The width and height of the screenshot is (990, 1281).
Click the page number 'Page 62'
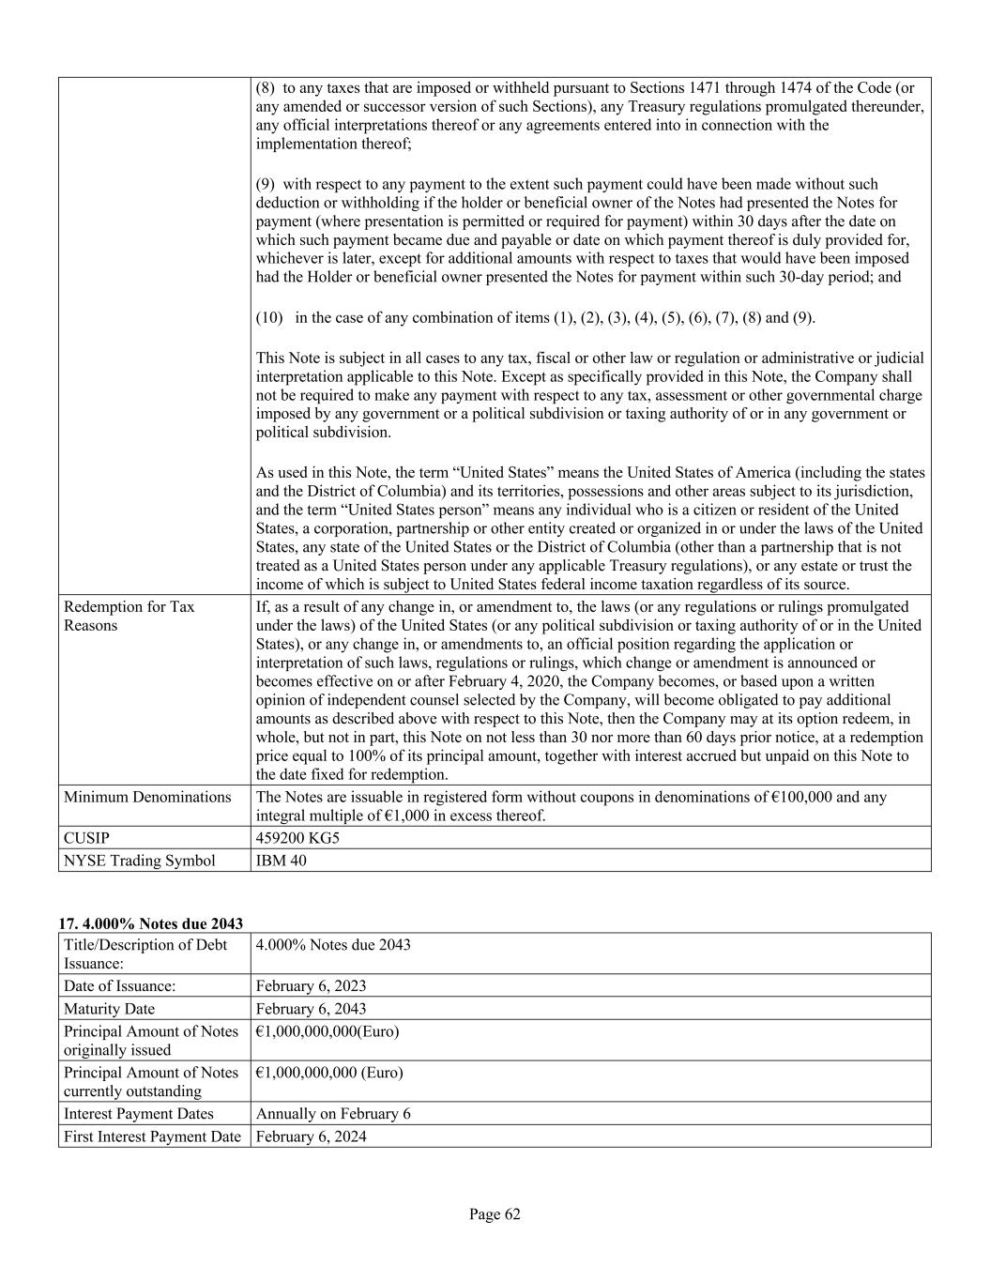(x=495, y=1214)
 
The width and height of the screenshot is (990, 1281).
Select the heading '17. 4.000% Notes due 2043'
(x=151, y=924)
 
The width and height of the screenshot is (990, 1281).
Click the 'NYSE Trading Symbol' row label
(x=139, y=861)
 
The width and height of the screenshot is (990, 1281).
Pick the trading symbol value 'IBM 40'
(x=281, y=861)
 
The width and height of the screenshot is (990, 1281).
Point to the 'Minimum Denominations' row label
(x=147, y=797)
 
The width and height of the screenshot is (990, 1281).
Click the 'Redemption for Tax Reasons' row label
(x=129, y=617)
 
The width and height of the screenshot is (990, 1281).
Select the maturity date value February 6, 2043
(x=311, y=1009)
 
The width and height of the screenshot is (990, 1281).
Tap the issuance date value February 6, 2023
(x=311, y=986)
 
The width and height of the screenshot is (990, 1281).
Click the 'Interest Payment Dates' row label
(x=138, y=1114)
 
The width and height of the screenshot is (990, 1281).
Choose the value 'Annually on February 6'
(x=333, y=1114)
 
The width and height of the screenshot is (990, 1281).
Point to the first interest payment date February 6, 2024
(x=311, y=1136)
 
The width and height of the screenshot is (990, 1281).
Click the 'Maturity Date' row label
(x=109, y=1009)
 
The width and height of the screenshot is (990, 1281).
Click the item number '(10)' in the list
(x=269, y=317)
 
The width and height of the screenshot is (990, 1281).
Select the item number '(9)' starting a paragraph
(x=266, y=184)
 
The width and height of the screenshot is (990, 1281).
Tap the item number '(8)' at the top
(x=266, y=87)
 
